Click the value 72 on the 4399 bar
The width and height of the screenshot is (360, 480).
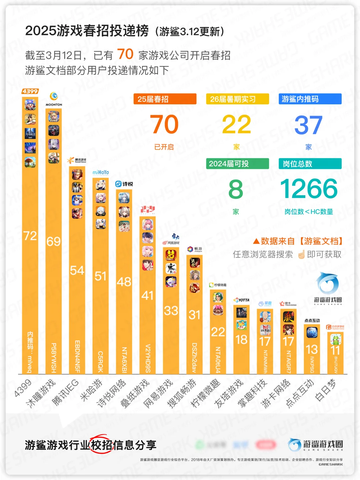coord(30,236)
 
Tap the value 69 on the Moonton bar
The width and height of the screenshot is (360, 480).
coord(53,241)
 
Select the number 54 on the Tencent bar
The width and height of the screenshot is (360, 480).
coord(77,270)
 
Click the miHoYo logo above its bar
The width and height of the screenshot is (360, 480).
coord(101,172)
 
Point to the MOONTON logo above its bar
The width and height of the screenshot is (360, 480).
coord(54,99)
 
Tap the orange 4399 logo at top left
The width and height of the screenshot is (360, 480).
coord(30,91)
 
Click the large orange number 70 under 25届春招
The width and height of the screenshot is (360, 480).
coord(164,125)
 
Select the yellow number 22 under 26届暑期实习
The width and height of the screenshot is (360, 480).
coord(236,125)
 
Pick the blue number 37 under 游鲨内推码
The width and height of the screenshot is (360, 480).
coord(308,125)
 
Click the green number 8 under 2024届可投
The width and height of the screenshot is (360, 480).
coord(236,189)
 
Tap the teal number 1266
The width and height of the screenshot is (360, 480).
coord(309,189)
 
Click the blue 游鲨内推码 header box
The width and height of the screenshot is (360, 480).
coord(310,99)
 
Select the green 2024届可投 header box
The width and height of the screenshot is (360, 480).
coord(237,164)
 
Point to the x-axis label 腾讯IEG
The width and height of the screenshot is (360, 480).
coord(65,392)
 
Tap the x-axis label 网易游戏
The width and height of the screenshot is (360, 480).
coord(158,393)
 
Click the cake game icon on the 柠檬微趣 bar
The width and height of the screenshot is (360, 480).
coord(218,310)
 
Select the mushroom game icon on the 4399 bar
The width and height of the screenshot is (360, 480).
coord(30,162)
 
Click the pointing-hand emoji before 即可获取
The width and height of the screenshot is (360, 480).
coord(301,255)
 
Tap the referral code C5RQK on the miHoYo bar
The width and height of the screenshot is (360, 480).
coord(101,362)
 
